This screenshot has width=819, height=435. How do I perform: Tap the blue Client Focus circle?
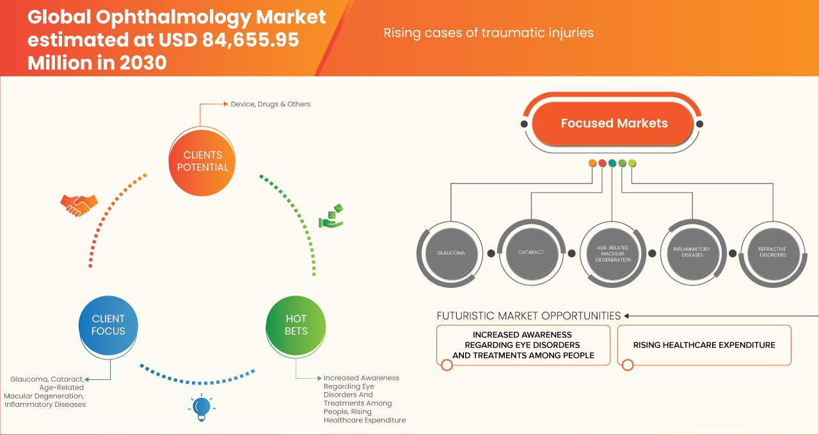(x=108, y=324)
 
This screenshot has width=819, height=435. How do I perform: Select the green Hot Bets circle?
(x=296, y=324)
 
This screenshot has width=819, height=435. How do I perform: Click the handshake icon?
(x=79, y=205)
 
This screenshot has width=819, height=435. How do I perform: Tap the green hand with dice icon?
(x=331, y=216)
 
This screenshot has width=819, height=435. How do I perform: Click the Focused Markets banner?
(x=613, y=123)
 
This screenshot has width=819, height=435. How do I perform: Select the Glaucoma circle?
(x=451, y=253)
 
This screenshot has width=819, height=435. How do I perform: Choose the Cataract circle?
(x=531, y=252)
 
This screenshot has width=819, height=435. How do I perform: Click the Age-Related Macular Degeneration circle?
(x=612, y=253)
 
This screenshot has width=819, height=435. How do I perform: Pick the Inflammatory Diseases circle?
(x=692, y=252)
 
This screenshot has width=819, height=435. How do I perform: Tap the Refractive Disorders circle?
(x=772, y=252)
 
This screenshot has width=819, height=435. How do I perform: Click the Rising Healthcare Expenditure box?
(x=704, y=345)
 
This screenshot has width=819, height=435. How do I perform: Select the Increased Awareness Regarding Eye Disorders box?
(x=523, y=345)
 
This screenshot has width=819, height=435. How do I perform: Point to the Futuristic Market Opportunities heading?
(x=529, y=315)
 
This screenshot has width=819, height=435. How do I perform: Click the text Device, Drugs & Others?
(x=271, y=104)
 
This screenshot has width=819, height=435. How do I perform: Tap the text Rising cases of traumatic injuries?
(x=488, y=32)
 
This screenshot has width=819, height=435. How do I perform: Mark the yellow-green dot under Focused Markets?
(x=632, y=164)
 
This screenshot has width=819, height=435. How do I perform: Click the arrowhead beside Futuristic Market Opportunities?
(x=627, y=315)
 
